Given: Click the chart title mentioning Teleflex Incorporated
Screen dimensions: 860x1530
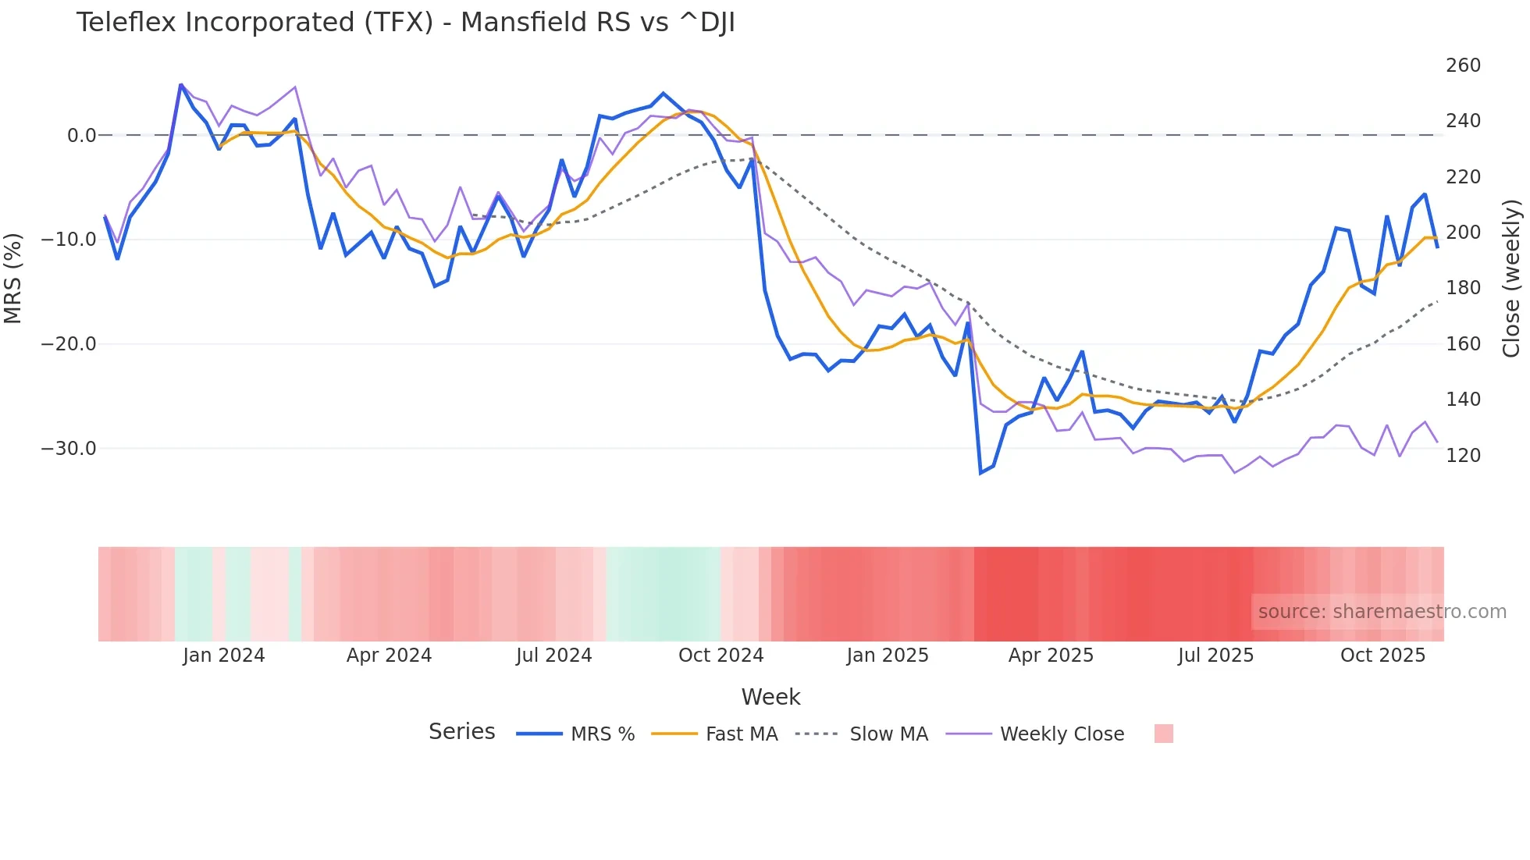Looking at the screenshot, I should [405, 23].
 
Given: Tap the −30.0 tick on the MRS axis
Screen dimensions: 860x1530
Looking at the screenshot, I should [69, 449].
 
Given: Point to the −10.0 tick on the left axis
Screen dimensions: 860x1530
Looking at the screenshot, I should [69, 240].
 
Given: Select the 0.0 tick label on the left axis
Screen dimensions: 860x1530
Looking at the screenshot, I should [81, 136].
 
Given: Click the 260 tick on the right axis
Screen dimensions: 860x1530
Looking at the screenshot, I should [1463, 66].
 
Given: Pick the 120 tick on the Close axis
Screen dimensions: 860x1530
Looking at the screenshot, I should [1463, 455].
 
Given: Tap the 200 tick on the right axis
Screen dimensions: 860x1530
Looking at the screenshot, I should [1463, 233].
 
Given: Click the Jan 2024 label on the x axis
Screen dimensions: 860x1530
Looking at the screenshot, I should [224, 656].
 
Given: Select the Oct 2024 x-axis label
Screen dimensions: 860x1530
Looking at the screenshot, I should [721, 656].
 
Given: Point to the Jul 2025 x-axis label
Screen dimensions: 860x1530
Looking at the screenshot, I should [1215, 656].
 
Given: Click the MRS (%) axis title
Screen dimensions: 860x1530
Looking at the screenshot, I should [13, 278].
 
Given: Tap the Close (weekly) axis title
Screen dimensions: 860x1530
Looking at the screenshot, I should [1512, 278].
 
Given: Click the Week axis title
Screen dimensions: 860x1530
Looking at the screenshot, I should [770, 697].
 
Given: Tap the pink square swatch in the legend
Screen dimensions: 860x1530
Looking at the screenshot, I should [1163, 734].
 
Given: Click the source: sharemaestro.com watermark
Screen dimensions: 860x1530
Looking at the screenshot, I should [1382, 612].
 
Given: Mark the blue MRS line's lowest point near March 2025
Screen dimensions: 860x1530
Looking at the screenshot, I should [980, 473].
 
